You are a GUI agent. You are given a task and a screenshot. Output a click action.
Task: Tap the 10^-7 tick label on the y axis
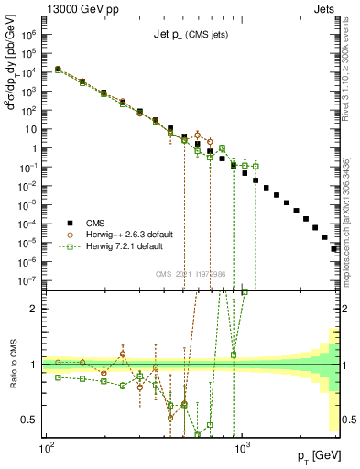(29, 281)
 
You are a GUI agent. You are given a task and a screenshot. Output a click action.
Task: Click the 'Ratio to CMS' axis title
(13, 365)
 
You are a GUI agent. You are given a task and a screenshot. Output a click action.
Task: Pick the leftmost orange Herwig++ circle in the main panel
(58, 69)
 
